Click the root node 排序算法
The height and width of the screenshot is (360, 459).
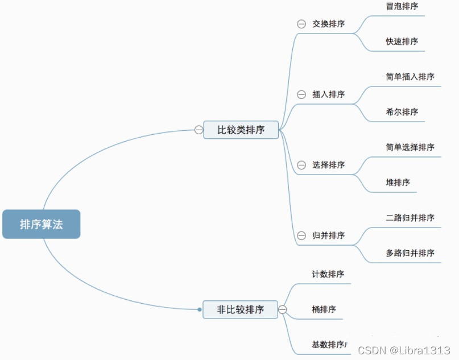coord(42,224)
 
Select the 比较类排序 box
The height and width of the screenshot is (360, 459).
coord(241,130)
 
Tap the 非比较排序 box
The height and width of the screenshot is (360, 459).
coord(241,309)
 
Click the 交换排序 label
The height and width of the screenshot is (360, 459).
coord(328,24)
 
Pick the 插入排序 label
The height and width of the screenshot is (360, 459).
coord(328,94)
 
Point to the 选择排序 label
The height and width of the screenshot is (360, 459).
coord(328,165)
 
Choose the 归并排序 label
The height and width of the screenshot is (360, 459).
coord(328,235)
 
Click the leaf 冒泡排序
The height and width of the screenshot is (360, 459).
coord(402,6)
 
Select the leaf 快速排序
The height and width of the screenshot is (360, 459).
coord(402,42)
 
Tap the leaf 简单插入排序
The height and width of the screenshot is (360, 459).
coord(410,77)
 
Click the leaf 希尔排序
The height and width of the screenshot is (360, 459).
coord(402,112)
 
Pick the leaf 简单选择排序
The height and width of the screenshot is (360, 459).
coord(410,147)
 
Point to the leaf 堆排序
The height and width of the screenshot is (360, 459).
coord(398,183)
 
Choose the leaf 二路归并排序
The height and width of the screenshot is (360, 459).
coord(410,218)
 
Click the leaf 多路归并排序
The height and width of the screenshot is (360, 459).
coord(410,253)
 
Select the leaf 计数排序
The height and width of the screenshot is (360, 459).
coord(328,274)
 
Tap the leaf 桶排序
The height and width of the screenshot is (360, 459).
coord(324,309)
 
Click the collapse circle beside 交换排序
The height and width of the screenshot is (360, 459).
coord(301,24)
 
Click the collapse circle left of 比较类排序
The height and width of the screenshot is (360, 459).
coord(199,130)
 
